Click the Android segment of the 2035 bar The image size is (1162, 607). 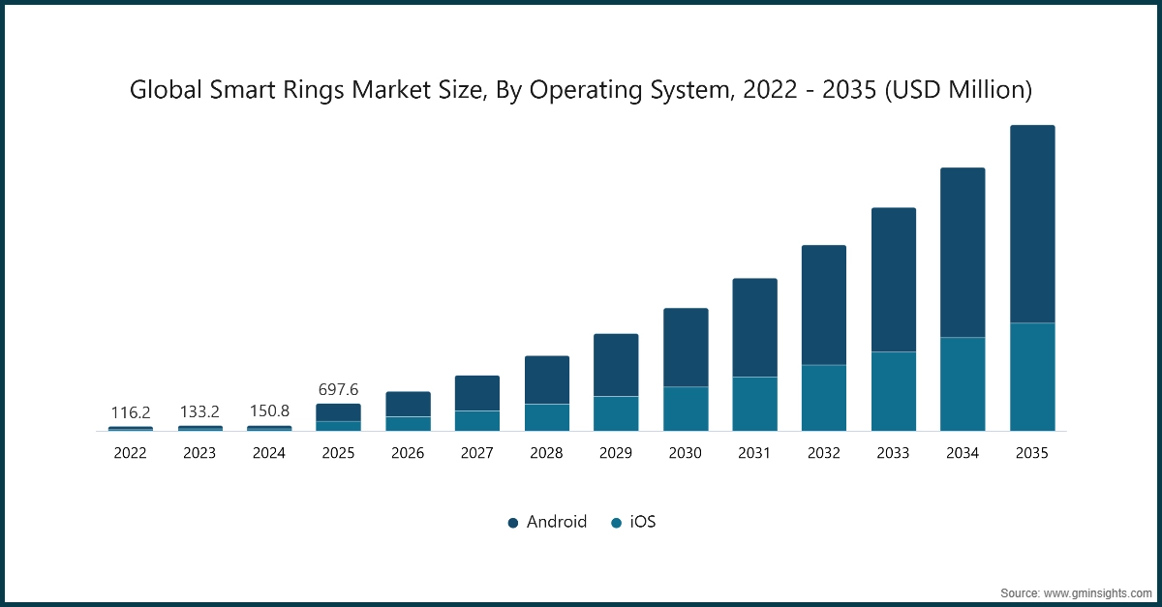coord(1032,224)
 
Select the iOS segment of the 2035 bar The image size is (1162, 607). coord(1032,377)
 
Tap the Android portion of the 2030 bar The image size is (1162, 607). coord(686,348)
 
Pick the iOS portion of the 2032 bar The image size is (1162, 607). coord(824,398)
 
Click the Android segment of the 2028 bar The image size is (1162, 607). coord(547,379)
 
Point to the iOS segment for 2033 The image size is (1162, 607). coord(894,391)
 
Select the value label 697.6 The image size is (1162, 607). coord(338,389)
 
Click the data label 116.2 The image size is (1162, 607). coord(131,412)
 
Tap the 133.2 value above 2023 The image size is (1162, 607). coord(199,412)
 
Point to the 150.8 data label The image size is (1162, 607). coord(269,411)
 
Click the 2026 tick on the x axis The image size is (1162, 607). coord(408,453)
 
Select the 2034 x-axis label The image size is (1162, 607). coord(963,453)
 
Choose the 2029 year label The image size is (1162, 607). coord(616,453)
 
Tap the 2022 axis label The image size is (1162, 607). coord(131,453)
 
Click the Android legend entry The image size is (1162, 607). coord(556,522)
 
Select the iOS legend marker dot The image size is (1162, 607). coord(616,523)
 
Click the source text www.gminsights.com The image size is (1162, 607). coord(1096,592)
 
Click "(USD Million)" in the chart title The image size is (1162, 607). coord(960,90)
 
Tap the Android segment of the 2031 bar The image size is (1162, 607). coord(754,327)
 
